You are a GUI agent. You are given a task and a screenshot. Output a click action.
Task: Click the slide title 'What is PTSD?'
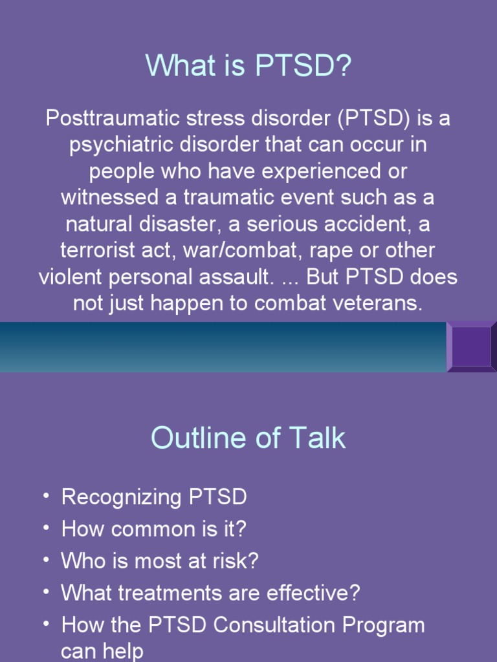tap(248, 66)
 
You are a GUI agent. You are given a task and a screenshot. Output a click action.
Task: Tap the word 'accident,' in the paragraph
tap(351, 224)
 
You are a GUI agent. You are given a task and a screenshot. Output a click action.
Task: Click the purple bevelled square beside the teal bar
tap(471, 347)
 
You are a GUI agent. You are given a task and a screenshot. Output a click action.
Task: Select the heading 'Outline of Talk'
tap(248, 438)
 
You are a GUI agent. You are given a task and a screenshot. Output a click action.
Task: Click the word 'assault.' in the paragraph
tap(234, 277)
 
